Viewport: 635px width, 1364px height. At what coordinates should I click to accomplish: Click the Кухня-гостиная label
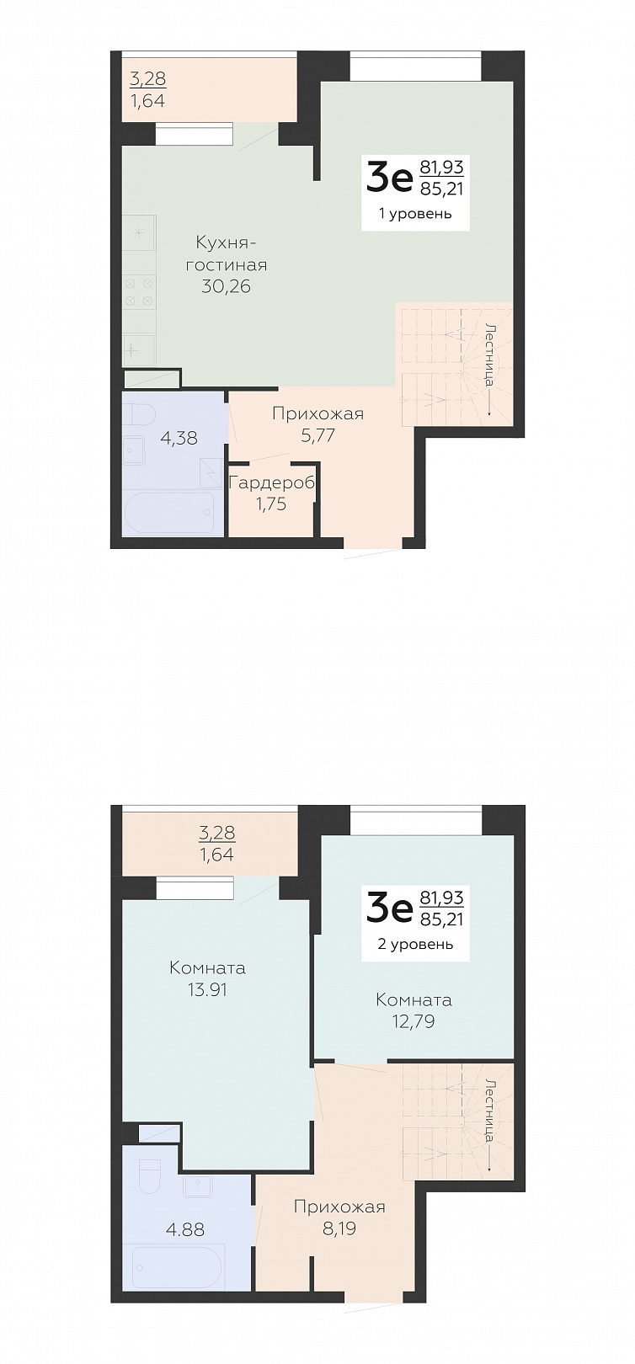pos(226,254)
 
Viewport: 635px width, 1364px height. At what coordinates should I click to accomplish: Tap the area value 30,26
pos(226,286)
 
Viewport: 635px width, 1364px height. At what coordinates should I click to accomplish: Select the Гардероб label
pos(271,483)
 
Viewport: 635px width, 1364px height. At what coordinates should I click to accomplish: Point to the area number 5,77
pos(317,435)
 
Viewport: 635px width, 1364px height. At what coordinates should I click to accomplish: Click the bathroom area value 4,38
pos(179,437)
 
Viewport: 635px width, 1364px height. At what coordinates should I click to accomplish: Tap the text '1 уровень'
pos(415,214)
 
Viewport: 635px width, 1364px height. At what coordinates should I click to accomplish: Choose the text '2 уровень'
pos(415,944)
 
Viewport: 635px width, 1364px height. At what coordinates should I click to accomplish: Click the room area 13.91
pos(208,989)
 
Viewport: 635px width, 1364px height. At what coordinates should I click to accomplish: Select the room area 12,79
pos(414,1021)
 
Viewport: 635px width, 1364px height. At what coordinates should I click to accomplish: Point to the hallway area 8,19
pos(339,1228)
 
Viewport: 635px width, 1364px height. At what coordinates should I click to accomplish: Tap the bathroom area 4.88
pos(185,1229)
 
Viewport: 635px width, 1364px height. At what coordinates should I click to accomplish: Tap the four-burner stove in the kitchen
pos(140,291)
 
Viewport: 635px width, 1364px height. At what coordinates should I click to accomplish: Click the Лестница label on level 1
pos(491,355)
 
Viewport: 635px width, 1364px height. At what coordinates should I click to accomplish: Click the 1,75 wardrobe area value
pos(271,504)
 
